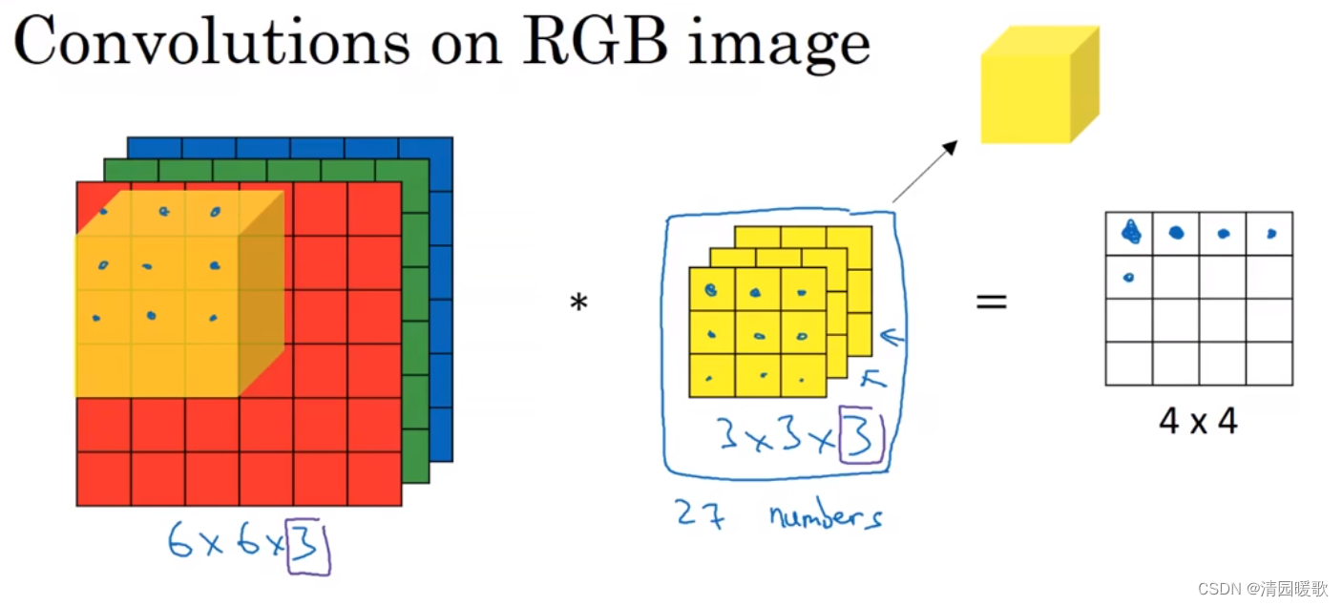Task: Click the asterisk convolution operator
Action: pos(578,304)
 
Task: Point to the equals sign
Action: pos(992,303)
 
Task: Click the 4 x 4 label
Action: pos(1198,421)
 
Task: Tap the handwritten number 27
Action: pos(700,514)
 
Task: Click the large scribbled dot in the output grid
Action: pos(1130,231)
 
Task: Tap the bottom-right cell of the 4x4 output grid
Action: pos(1270,364)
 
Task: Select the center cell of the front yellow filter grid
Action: pos(758,332)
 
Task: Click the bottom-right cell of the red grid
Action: pos(374,479)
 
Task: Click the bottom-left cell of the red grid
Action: pos(103,479)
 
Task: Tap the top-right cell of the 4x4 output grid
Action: pos(1270,234)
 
